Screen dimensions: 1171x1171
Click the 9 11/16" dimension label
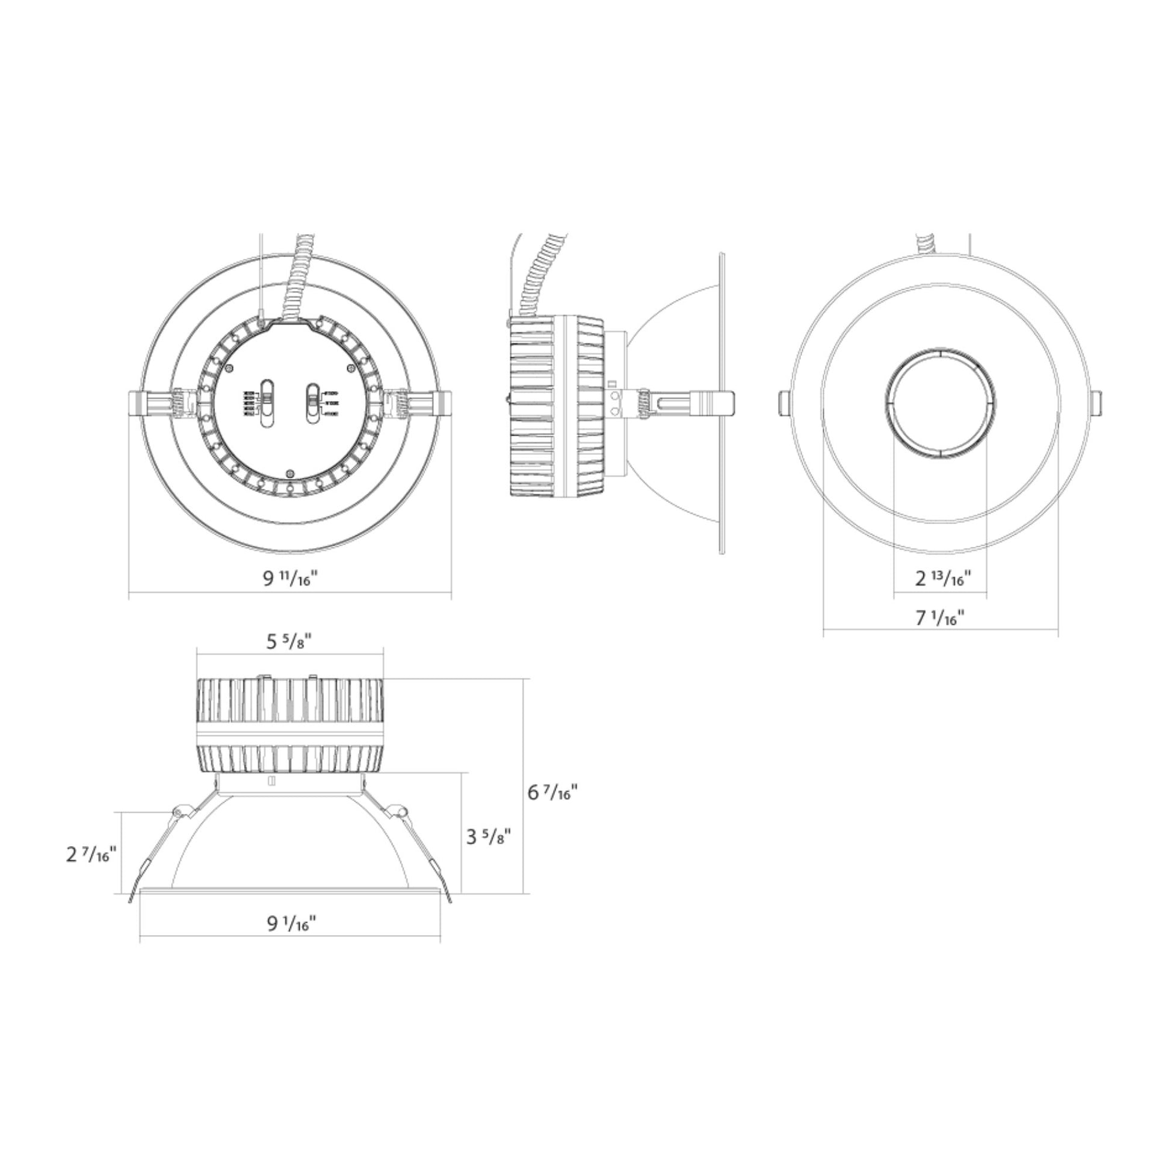pos(289,578)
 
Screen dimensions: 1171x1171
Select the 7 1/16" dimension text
pos(940,618)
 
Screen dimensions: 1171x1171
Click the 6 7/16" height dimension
pos(552,792)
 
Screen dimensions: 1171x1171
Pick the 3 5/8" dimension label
pos(489,837)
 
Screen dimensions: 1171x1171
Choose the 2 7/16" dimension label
pos(91,854)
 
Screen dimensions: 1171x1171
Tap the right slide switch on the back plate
pos(313,403)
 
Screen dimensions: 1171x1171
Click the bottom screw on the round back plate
pos(290,474)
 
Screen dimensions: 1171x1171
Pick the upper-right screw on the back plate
pos(350,368)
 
